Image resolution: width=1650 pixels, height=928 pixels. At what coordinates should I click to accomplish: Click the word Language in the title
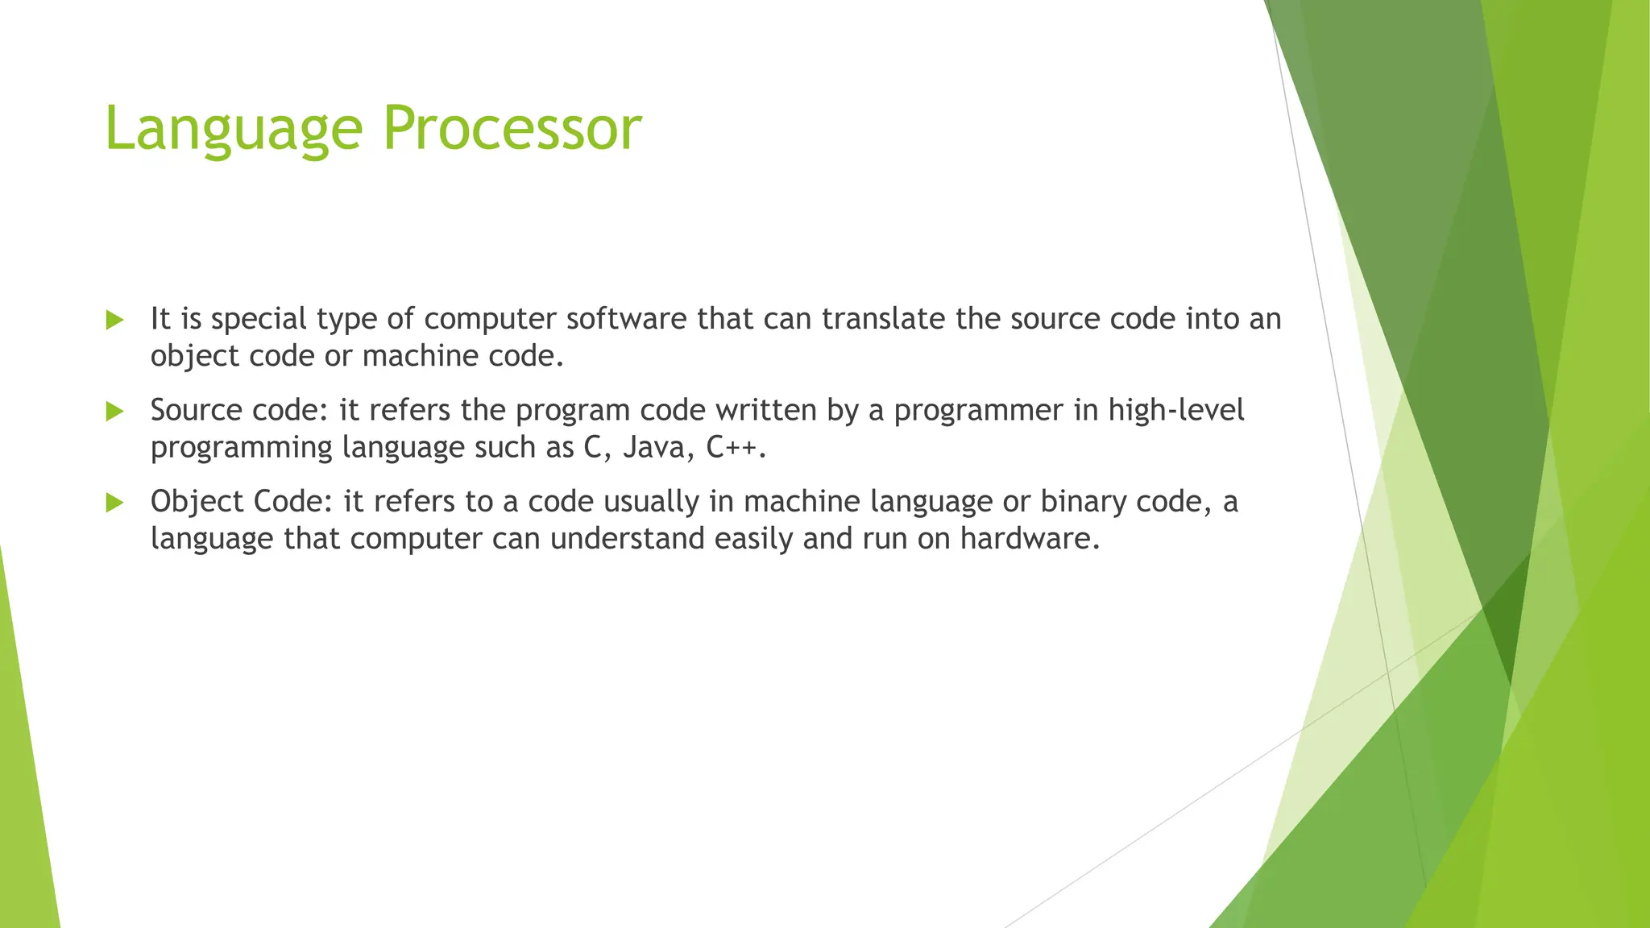pyautogui.click(x=234, y=129)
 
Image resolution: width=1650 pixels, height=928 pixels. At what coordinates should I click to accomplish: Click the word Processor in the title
pyautogui.click(x=512, y=129)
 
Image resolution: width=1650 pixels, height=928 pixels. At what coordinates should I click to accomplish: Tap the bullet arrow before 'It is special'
pyautogui.click(x=114, y=320)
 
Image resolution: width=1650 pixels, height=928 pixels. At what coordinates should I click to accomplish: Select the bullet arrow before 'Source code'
pyautogui.click(x=114, y=412)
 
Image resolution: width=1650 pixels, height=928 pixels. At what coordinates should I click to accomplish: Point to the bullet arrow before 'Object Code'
pyautogui.click(x=114, y=503)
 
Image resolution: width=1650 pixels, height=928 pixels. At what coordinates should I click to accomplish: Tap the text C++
pyautogui.click(x=732, y=447)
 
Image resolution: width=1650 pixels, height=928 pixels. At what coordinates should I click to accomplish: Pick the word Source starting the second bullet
pyautogui.click(x=197, y=411)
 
